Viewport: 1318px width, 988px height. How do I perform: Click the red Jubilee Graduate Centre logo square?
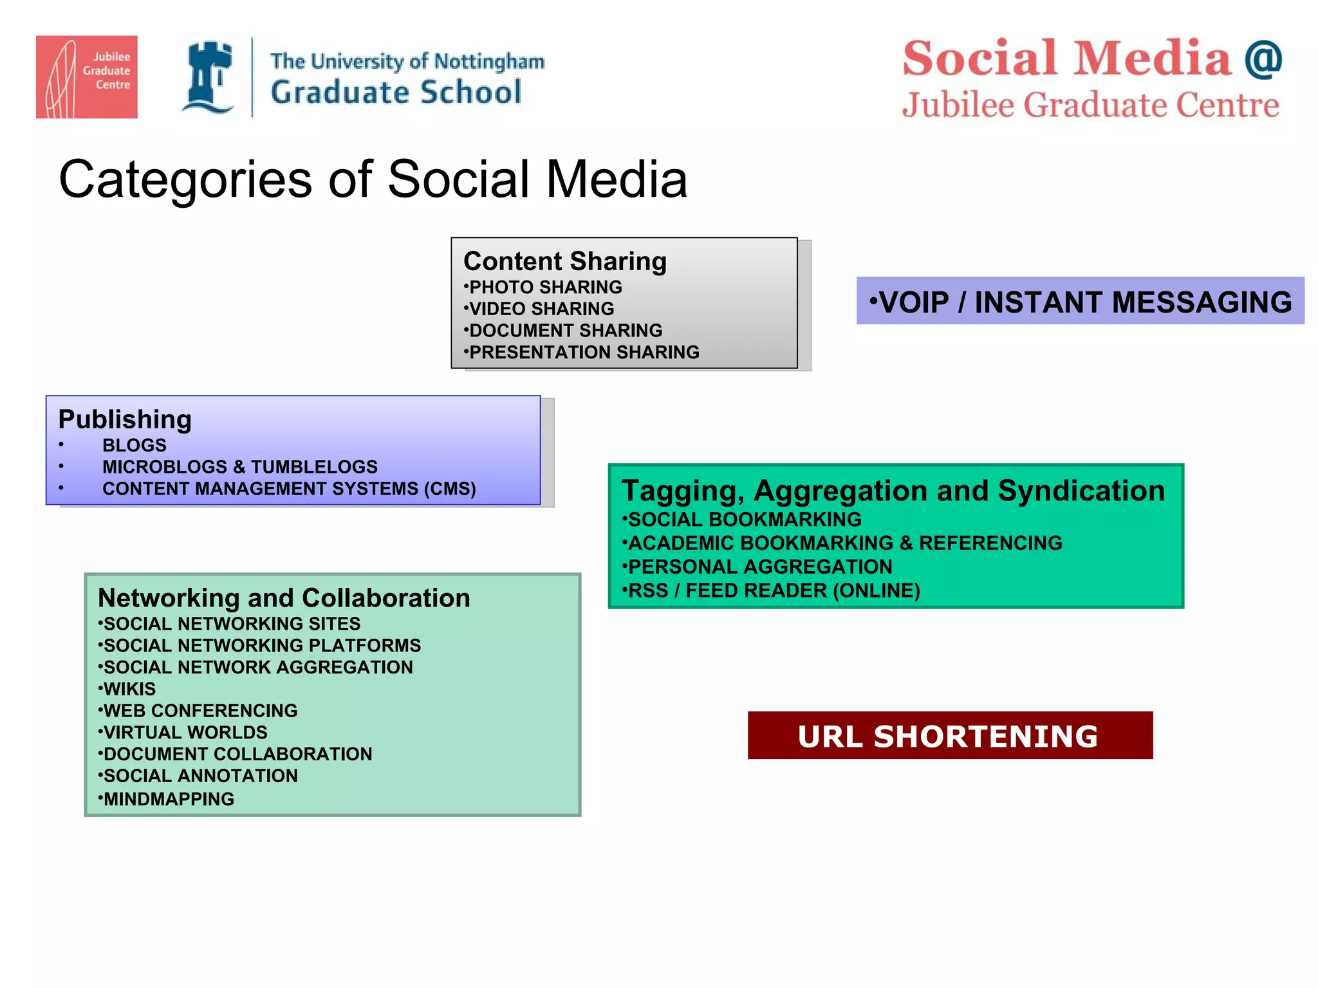[x=86, y=77]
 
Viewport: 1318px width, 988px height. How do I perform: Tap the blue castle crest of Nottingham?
[x=209, y=77]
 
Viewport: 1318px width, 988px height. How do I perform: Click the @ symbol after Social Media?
[x=1263, y=59]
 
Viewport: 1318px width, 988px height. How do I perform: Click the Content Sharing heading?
[x=564, y=261]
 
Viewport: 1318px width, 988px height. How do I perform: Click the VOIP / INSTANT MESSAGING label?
[x=1081, y=302]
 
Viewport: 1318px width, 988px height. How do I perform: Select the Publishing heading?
[x=125, y=419]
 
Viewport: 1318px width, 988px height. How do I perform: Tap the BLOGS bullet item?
[x=134, y=445]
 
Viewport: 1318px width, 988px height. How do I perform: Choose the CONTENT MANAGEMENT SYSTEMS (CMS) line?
[x=289, y=489]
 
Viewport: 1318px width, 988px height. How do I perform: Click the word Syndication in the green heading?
[x=1081, y=491]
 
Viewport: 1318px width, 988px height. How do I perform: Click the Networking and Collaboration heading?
[x=284, y=598]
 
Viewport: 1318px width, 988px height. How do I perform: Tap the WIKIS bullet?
[x=129, y=689]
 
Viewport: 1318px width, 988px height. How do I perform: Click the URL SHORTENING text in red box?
[x=948, y=736]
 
